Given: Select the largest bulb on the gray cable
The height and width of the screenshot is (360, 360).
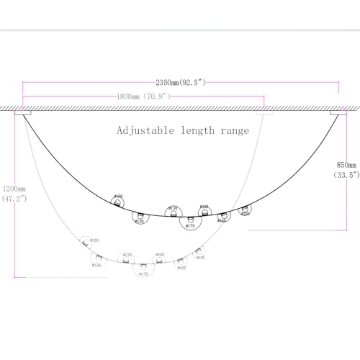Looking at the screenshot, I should coord(143,266).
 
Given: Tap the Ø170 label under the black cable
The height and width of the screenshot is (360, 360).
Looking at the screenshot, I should coord(190,227).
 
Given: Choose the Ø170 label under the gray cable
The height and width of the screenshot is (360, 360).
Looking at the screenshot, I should coord(143,274).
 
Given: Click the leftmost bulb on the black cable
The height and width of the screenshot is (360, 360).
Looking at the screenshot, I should coord(117,199).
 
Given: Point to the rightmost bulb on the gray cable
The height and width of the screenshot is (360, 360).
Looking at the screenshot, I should coord(198,252).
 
